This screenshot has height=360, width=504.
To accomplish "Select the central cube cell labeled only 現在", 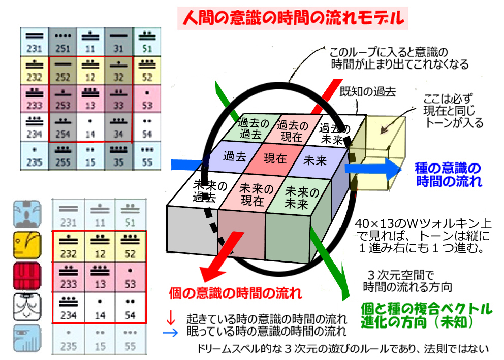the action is point(275,158).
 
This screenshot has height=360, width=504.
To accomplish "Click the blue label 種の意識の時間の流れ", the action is point(448,174).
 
